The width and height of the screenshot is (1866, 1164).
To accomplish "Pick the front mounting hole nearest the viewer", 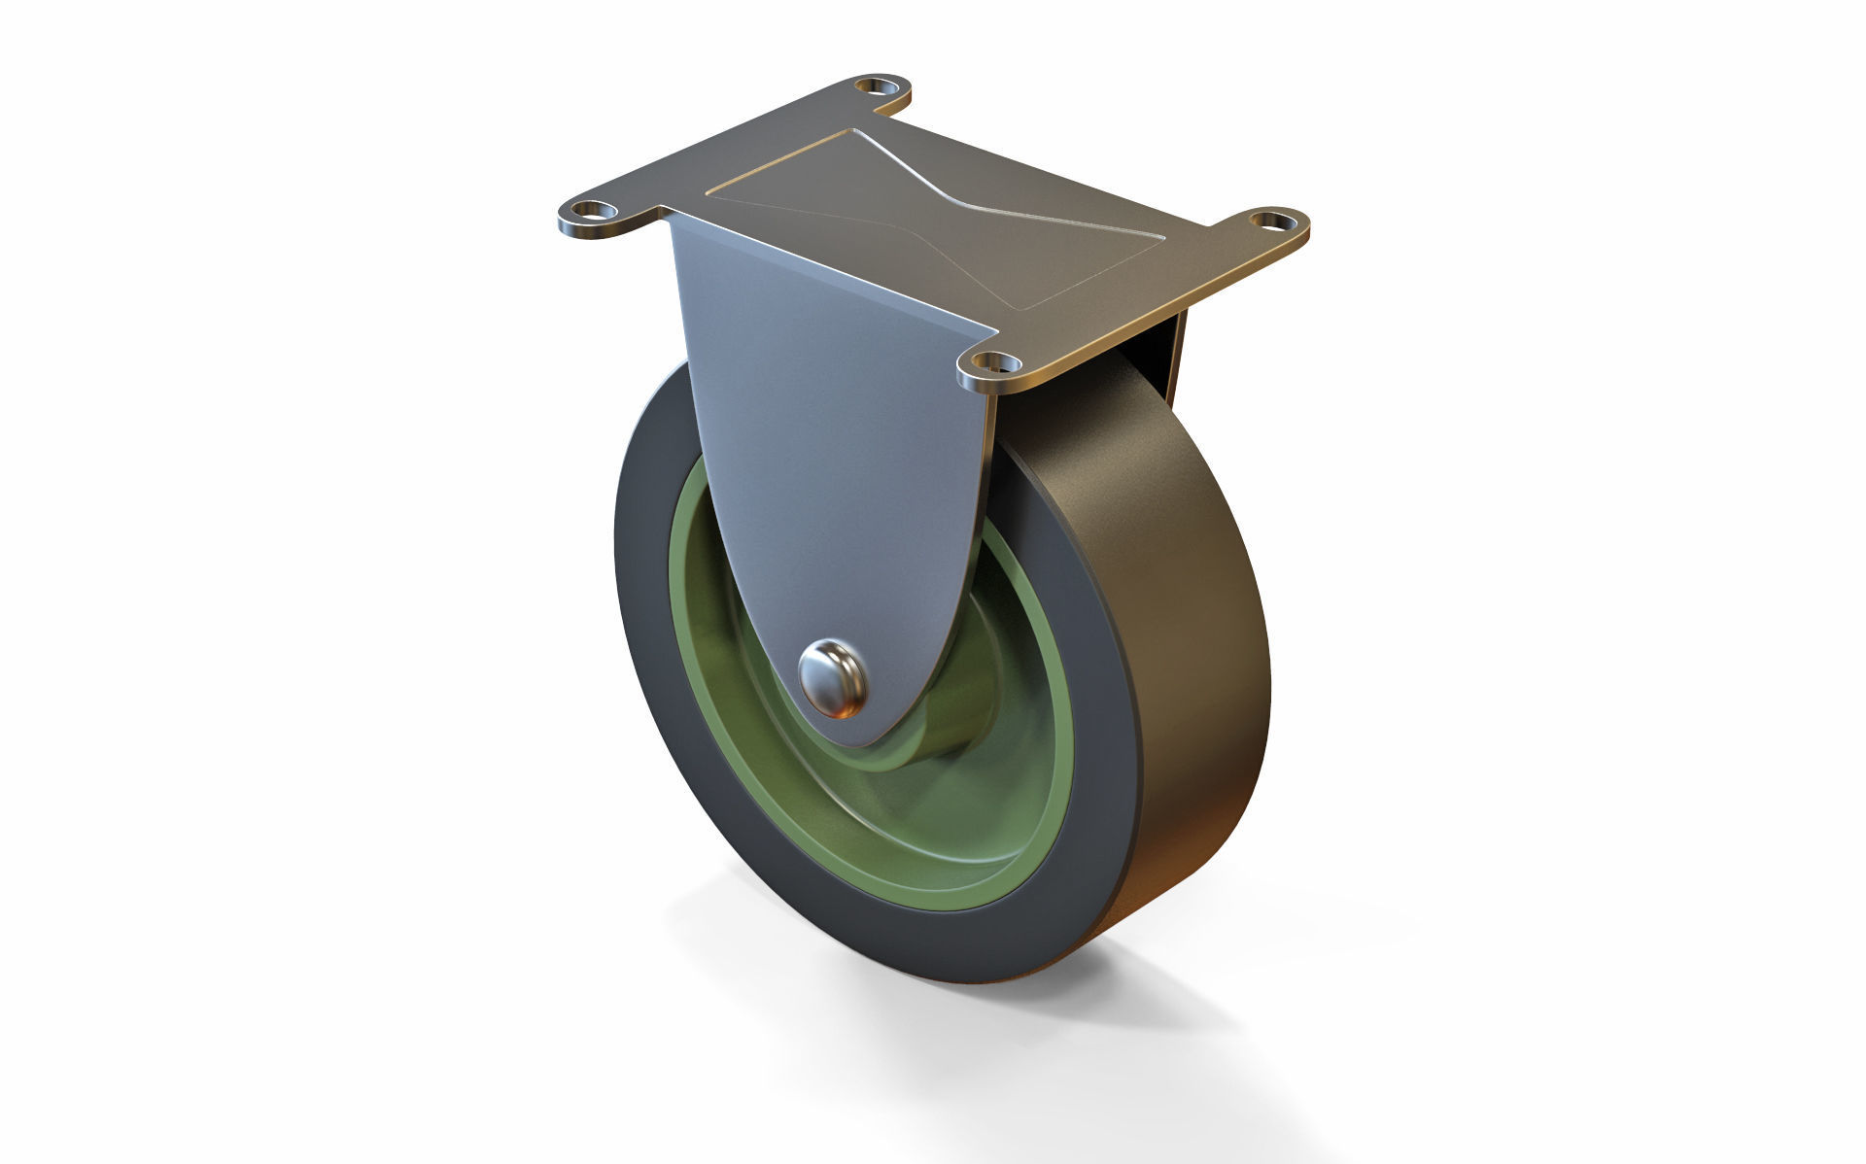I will coord(989,365).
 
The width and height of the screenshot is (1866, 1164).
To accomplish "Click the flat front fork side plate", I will coord(826,437).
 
